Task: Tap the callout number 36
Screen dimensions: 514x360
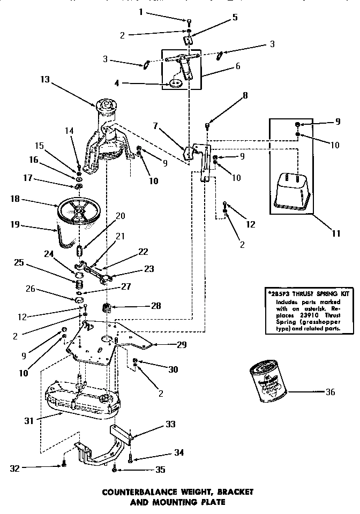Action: pyautogui.click(x=330, y=392)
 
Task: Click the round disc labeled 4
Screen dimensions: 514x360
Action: pyautogui.click(x=176, y=83)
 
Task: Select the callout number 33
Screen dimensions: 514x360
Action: pyautogui.click(x=170, y=424)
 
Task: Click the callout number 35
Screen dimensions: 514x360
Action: pyautogui.click(x=160, y=470)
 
